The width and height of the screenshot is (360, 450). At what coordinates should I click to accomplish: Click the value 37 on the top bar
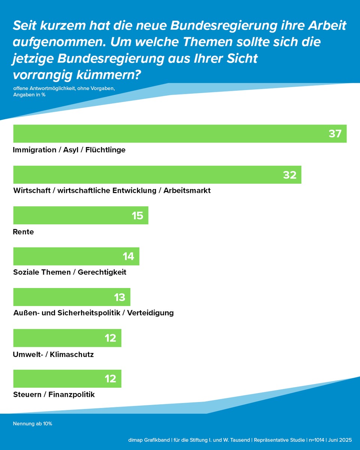point(335,133)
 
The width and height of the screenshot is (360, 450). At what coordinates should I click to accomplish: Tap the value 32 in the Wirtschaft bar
point(290,175)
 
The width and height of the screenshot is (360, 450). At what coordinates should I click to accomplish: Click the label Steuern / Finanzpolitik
point(54,394)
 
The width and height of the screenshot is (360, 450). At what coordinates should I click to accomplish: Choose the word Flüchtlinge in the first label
point(105,150)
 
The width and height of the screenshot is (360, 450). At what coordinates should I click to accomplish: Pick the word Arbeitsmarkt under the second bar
point(187,190)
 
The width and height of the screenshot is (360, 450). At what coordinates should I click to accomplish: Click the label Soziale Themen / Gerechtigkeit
point(70,272)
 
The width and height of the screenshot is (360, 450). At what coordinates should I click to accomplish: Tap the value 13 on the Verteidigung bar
point(120,297)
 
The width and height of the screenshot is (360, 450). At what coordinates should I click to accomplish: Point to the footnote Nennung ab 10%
point(33,424)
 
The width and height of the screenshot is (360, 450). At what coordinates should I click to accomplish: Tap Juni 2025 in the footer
point(340,440)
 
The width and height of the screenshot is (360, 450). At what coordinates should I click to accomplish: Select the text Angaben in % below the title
point(29,95)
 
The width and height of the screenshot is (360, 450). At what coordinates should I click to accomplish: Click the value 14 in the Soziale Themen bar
point(129,256)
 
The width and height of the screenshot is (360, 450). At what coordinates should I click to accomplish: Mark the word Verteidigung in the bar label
point(150,313)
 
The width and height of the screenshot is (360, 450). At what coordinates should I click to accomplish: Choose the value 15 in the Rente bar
point(138,216)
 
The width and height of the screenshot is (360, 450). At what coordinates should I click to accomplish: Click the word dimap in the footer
point(135,440)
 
